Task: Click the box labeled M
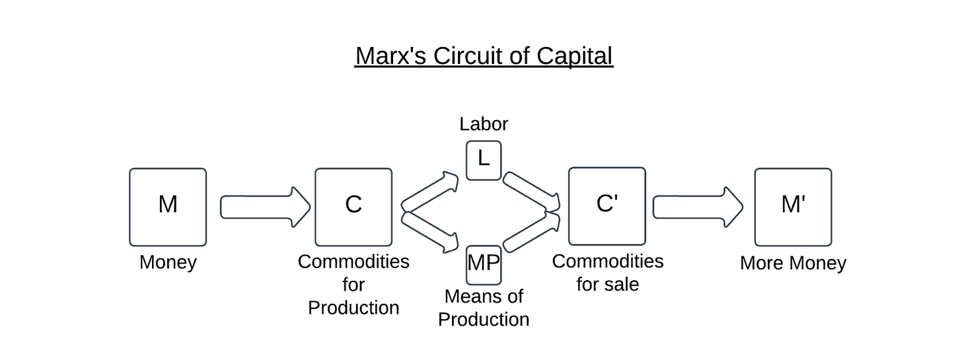click(x=168, y=207)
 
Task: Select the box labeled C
click(x=353, y=207)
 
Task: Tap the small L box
click(x=484, y=161)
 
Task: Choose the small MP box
click(x=484, y=264)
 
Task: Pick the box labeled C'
click(x=607, y=207)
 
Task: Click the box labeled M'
click(x=793, y=207)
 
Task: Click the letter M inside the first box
click(x=168, y=205)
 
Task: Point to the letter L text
click(x=484, y=159)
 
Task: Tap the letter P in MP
click(x=492, y=263)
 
